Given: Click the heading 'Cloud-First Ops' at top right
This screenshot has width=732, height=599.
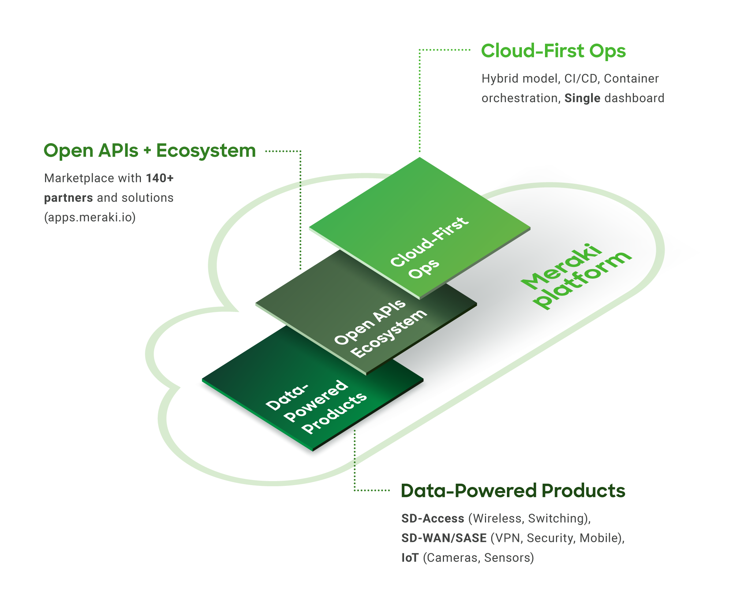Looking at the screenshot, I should (553, 51).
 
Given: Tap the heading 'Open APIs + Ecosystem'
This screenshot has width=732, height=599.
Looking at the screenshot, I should (149, 151).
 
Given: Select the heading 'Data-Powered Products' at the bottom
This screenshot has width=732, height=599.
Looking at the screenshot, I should (513, 491).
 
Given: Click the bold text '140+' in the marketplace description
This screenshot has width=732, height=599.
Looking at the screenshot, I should (160, 178).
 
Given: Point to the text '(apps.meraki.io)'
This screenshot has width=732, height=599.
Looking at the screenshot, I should (90, 217).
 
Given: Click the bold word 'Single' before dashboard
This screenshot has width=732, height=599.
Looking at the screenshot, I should (582, 98).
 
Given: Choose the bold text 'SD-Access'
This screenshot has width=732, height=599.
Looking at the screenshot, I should (433, 518).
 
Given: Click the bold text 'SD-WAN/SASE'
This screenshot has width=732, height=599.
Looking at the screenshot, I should (444, 538).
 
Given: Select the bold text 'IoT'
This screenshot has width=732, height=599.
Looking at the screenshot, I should (410, 558).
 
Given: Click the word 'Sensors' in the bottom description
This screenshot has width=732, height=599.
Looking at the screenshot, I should (509, 558).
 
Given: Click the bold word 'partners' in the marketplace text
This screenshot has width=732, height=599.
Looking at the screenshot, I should (68, 198).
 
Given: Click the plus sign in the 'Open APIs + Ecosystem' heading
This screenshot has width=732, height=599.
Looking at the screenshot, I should (147, 151).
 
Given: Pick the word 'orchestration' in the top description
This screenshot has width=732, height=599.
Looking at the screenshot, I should (520, 98).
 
